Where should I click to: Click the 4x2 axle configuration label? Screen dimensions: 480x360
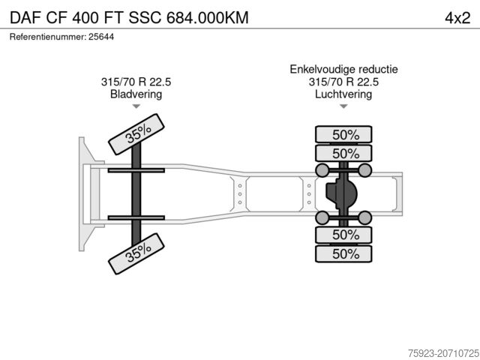click(457, 18)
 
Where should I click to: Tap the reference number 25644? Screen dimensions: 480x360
click(101, 37)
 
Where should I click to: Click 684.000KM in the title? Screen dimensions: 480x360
click(208, 18)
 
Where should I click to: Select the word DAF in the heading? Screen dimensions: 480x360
click(25, 18)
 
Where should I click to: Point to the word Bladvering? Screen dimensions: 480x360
click(136, 94)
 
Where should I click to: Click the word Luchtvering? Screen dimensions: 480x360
click(343, 94)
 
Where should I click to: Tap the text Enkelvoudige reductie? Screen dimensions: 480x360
click(343, 69)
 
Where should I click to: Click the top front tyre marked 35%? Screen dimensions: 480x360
click(136, 134)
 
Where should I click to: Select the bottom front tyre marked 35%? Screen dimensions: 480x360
click(136, 253)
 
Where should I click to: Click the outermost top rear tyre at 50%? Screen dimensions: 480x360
click(343, 134)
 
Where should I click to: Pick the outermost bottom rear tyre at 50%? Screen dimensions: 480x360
click(343, 253)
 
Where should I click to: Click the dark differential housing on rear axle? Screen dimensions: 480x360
click(341, 193)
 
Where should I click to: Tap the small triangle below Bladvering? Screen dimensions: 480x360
click(136, 106)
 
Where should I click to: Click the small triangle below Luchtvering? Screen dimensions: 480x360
click(343, 106)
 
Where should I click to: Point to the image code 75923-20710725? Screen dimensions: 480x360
click(443, 353)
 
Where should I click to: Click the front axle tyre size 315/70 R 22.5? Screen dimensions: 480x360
click(136, 82)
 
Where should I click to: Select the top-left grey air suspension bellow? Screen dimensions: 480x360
click(322, 170)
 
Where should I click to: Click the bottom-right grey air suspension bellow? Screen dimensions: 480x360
click(365, 217)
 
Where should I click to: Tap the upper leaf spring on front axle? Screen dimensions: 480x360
click(136, 170)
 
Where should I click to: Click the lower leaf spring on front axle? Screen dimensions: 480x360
click(136, 218)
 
